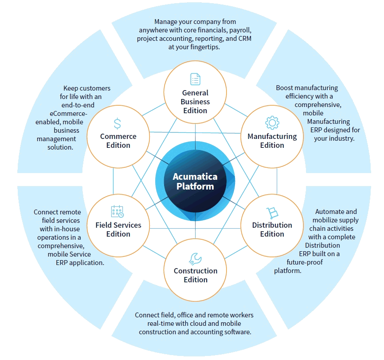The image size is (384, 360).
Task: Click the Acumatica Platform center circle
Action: pos(195,181)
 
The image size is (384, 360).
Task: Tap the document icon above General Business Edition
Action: pos(196,79)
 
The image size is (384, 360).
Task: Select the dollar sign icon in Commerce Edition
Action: pos(118,123)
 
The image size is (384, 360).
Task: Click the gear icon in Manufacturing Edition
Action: pos(272,123)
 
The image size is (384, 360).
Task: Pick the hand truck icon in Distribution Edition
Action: pos(272,213)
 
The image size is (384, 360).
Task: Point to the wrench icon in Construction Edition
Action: pos(195,259)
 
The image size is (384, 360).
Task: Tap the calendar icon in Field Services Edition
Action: pos(118,211)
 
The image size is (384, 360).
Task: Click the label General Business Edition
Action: pos(195,102)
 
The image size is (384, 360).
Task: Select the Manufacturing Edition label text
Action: pos(272,141)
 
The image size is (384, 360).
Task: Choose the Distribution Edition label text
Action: pos(272,229)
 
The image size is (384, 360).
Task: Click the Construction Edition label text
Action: pos(196,275)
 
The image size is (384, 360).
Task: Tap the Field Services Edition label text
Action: pos(118,229)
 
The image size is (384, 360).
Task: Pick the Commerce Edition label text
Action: pos(118,141)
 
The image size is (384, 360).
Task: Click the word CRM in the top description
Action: pos(245,39)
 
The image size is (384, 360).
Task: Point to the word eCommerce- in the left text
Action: pos(68,114)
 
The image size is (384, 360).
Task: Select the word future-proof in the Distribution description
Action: pos(305,262)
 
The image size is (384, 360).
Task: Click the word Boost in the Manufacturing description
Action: pos(284,88)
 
